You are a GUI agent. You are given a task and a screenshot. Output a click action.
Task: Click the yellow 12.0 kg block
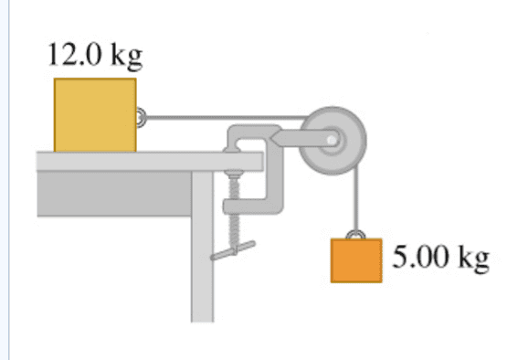tap(95, 115)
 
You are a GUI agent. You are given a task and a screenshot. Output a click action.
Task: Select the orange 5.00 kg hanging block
tap(356, 260)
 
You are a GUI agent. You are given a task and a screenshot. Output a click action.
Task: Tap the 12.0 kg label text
tap(95, 56)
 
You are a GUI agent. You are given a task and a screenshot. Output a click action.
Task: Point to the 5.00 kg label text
tap(440, 258)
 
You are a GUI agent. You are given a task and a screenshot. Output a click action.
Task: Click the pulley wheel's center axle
tap(332, 141)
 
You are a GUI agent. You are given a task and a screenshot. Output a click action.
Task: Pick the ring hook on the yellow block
tap(140, 117)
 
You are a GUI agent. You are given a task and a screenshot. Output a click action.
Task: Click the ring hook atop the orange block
tap(355, 235)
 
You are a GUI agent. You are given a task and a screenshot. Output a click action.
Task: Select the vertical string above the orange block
tap(356, 198)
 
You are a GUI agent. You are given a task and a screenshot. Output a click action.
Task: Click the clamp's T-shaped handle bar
tap(233, 250)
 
